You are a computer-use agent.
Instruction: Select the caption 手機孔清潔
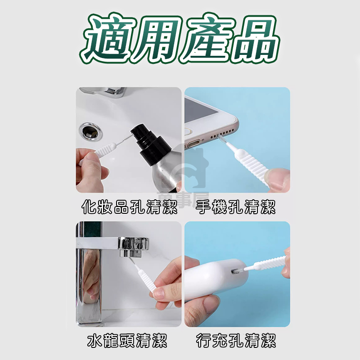(236, 207)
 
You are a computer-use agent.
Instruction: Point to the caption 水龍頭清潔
(127, 341)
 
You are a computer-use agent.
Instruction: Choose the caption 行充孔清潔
(236, 341)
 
